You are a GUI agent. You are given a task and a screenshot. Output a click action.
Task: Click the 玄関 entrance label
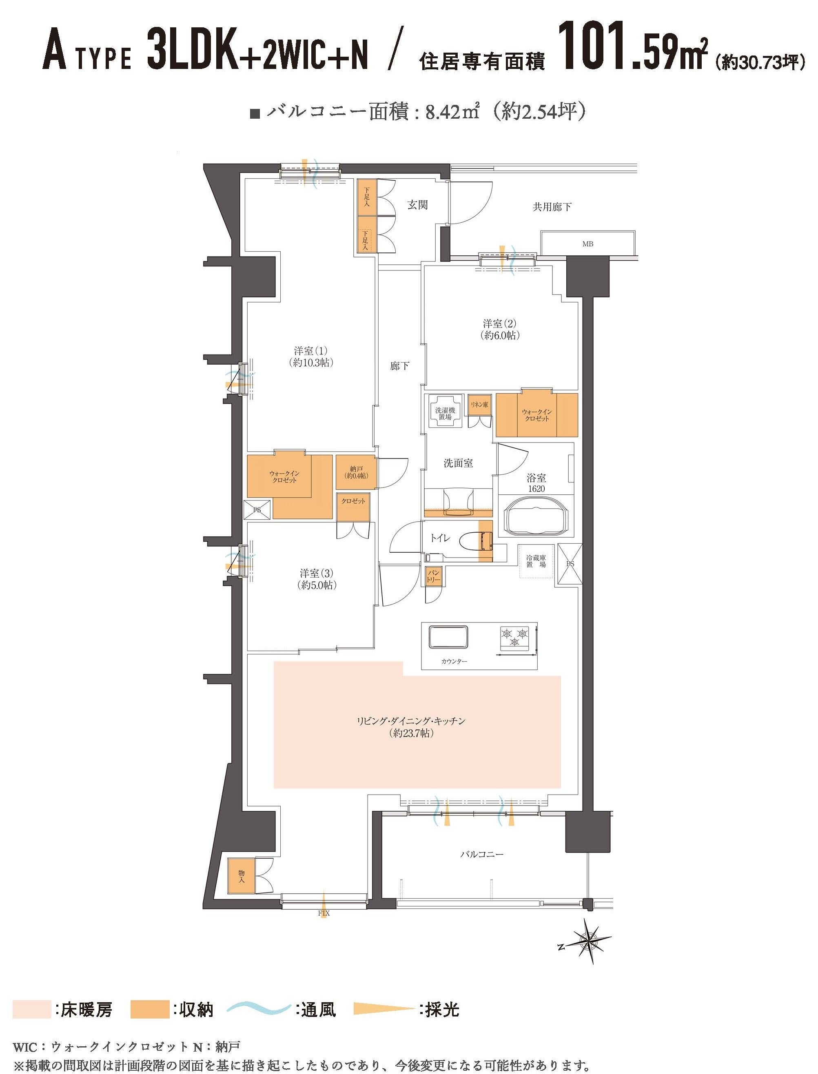click(x=417, y=205)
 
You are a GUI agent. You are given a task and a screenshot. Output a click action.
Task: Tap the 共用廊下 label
click(x=552, y=207)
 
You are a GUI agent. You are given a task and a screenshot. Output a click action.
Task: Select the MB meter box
click(x=587, y=244)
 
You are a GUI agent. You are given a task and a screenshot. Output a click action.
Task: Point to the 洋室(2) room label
click(x=499, y=329)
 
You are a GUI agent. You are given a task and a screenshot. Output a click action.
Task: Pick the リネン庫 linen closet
click(x=479, y=404)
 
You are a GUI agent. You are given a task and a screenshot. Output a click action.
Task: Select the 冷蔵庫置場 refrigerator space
click(x=536, y=561)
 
